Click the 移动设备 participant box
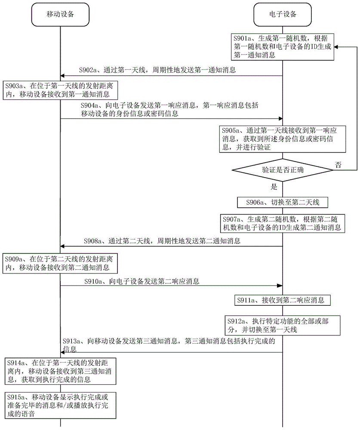point(60,14)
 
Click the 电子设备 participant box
point(282,14)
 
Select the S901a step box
point(282,46)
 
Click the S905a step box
point(282,138)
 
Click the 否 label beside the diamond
point(339,164)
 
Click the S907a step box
point(282,223)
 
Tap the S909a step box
point(60,264)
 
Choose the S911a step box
point(282,300)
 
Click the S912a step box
point(282,326)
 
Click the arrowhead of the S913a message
point(63,353)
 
